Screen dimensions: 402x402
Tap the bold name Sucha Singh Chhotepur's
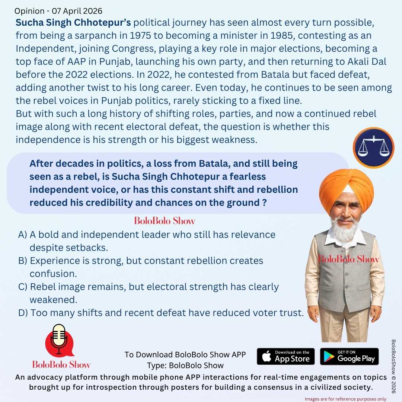coord(73,23)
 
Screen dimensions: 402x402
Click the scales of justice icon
coord(373,148)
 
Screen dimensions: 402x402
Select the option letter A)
coord(23,235)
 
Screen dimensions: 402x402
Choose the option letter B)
coord(23,261)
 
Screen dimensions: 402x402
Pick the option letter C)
coord(23,287)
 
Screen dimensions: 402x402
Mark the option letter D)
coord(23,313)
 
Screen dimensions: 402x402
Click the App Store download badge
coord(285,357)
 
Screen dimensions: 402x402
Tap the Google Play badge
coord(349,357)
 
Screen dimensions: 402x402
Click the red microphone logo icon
coord(59,341)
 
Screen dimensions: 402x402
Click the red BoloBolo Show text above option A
coord(165,221)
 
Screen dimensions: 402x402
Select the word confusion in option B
coord(53,274)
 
